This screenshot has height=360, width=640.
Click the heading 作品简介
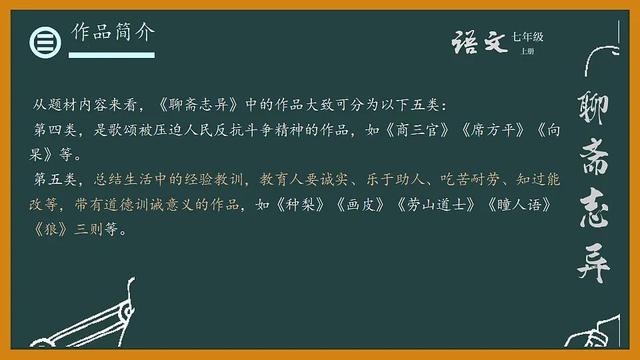pyautogui.click(x=113, y=32)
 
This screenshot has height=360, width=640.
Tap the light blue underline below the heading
pyautogui.click(x=112, y=55)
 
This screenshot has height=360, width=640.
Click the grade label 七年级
pyautogui.click(x=527, y=37)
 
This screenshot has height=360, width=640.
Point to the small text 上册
pyautogui.click(x=527, y=51)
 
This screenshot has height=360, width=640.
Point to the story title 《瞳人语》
pyautogui.click(x=527, y=205)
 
